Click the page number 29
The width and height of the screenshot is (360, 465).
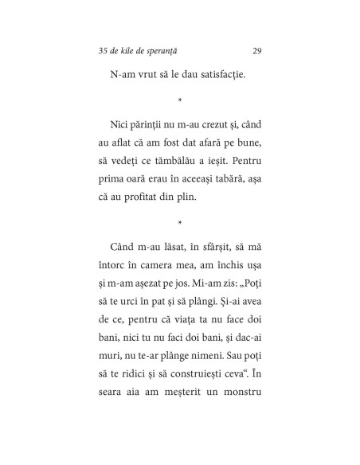coord(256,52)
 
